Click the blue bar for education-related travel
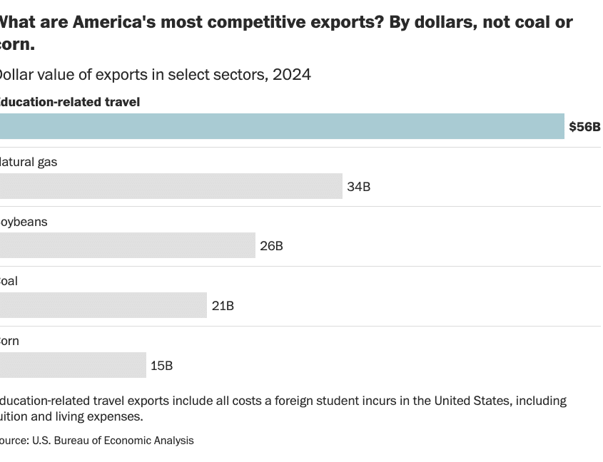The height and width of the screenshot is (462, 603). coord(282,127)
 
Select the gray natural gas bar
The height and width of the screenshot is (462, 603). coord(171,186)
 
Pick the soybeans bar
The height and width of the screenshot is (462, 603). coord(127,246)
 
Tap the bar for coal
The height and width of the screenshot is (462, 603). coord(103,305)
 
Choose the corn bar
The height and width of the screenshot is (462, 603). coord(73,365)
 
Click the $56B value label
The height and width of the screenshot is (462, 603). coord(584,128)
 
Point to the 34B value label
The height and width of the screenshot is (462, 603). coord(359,187)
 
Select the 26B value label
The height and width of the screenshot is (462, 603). coord(272,247)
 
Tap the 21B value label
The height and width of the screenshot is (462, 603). coord(223,306)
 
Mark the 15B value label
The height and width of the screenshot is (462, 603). coord(162,366)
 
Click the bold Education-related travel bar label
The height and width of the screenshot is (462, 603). coord(69,102)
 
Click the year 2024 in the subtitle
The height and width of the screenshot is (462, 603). coord(291,74)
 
